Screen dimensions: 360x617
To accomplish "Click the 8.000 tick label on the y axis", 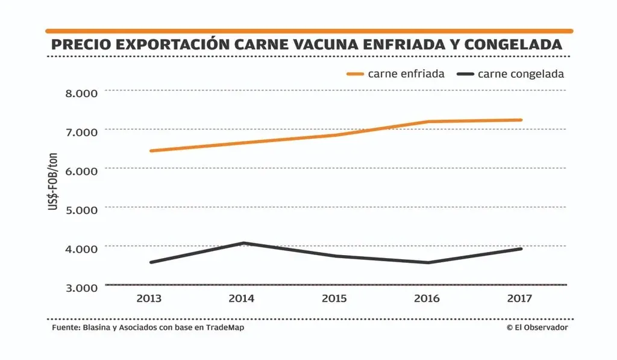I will pyautogui.click(x=81, y=93).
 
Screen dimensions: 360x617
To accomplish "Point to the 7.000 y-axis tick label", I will pyautogui.click(x=81, y=132).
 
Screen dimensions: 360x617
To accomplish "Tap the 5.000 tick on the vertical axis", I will pyautogui.click(x=81, y=210).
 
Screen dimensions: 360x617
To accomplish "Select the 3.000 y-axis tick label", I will pyautogui.click(x=81, y=288).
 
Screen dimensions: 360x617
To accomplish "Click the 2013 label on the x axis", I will pyautogui.click(x=149, y=298).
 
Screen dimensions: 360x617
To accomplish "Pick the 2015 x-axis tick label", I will pyautogui.click(x=334, y=298).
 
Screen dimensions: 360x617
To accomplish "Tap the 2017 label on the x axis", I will pyautogui.click(x=520, y=298).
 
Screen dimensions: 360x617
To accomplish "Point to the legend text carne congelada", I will pyautogui.click(x=521, y=74).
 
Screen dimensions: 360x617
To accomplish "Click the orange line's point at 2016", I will pyautogui.click(x=428, y=122).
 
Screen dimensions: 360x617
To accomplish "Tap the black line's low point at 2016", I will pyautogui.click(x=428, y=263).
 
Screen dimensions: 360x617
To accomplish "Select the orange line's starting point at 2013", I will pyautogui.click(x=150, y=151).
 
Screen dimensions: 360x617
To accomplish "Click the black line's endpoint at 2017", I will pyautogui.click(x=521, y=248).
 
